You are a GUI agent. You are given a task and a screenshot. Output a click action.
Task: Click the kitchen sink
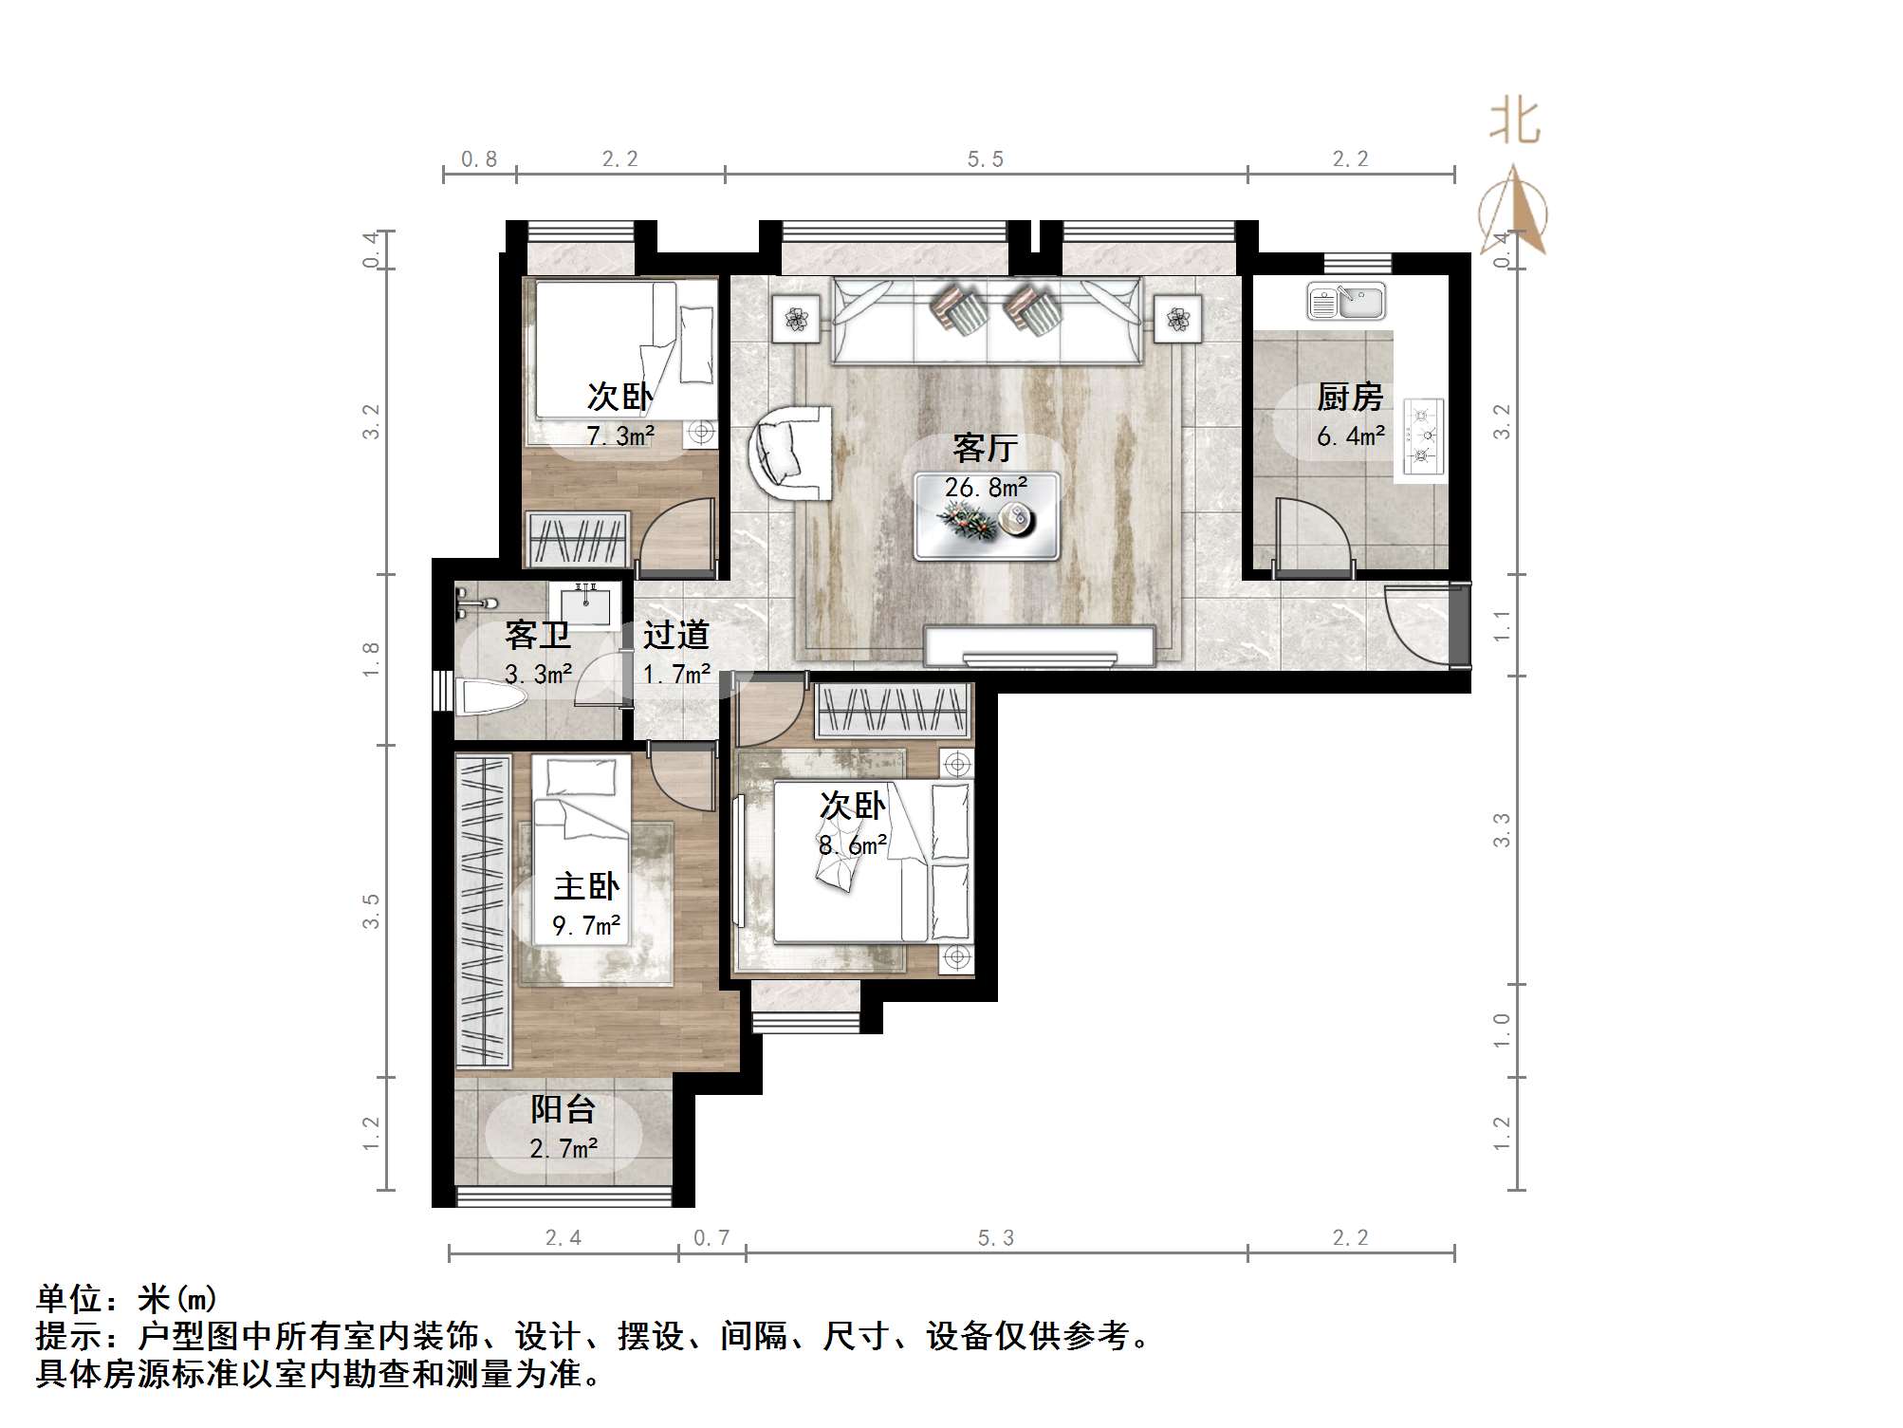[1345, 302]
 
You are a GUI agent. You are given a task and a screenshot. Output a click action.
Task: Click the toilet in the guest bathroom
[490, 699]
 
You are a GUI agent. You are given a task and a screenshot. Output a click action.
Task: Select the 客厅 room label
[985, 448]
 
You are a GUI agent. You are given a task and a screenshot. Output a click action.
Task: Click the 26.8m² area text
[985, 488]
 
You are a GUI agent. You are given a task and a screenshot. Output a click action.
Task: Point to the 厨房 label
[1349, 397]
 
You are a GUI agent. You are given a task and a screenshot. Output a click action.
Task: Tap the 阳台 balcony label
[563, 1108]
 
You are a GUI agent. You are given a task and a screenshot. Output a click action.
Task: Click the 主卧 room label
[586, 887]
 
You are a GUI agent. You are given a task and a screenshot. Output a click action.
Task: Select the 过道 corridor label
[675, 635]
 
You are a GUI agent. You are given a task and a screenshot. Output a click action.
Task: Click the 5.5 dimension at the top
[985, 159]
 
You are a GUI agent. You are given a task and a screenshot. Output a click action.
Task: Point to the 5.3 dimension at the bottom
[995, 1238]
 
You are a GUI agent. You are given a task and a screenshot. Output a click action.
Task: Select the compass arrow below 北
[1515, 211]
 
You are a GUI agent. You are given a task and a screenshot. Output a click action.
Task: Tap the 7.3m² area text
[620, 436]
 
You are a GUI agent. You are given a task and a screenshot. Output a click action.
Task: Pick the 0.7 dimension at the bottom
[711, 1238]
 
